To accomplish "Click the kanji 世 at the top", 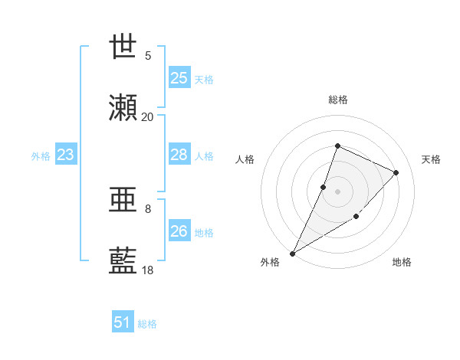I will (x=123, y=47).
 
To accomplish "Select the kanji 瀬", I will (x=123, y=108).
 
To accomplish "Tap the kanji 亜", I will (x=123, y=200).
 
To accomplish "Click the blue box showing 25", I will (x=179, y=77).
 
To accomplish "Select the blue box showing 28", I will (x=179, y=155).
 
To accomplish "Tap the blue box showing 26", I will (x=179, y=231).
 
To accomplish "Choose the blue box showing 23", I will (x=66, y=155).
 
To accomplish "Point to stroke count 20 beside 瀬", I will (x=148, y=116).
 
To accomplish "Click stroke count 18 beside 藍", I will (x=148, y=270).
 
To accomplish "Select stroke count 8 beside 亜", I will (x=148, y=208).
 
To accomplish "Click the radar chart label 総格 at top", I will (x=338, y=100).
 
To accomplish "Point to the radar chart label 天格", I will (x=432, y=159).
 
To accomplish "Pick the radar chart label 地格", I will (x=402, y=263).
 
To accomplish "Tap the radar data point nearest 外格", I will (x=292, y=254).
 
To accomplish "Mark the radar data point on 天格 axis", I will (x=396, y=172).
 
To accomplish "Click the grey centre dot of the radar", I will (x=337, y=191).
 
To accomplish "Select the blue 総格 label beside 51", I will (x=147, y=324).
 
